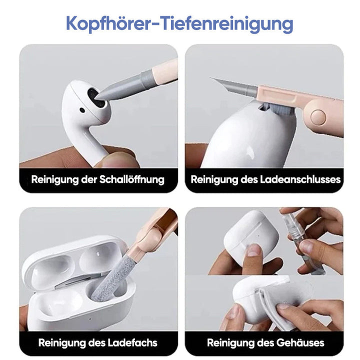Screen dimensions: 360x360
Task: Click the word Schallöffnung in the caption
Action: point(132,179)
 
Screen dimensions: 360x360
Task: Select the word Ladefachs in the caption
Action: point(132,343)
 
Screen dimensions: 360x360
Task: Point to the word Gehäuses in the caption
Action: point(300,343)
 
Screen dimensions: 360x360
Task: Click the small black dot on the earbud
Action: point(82,110)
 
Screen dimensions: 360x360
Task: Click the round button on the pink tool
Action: point(318,117)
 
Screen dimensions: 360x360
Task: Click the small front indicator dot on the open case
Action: point(90,318)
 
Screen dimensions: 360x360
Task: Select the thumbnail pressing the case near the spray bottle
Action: point(253,250)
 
